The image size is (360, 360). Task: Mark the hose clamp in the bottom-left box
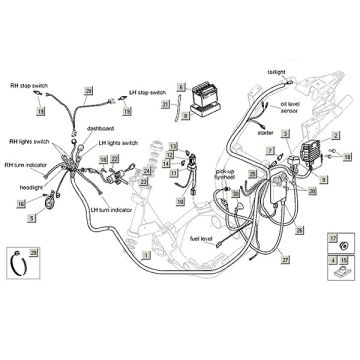[19, 265]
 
